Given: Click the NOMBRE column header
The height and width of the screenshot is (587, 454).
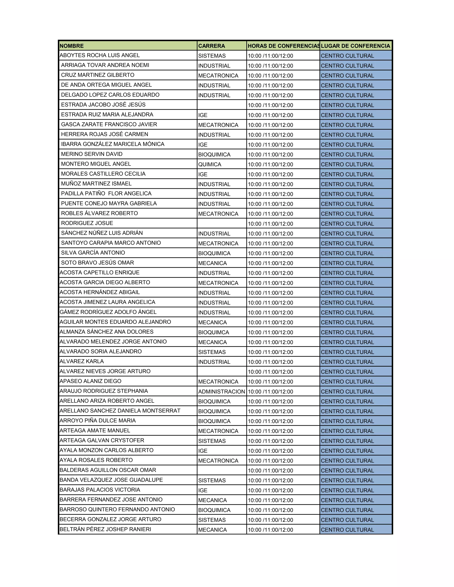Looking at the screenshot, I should pos(72,46).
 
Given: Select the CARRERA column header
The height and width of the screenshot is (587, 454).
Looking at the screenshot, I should pos(211,46).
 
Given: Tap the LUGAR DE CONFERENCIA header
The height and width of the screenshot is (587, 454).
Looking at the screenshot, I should pos(355,46).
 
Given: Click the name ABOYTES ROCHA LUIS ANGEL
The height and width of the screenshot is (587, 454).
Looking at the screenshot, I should pos(100,55).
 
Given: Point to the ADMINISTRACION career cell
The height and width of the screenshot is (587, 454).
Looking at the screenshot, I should pos(222,392).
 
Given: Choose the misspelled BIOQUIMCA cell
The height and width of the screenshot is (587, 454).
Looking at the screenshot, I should pos(213,332).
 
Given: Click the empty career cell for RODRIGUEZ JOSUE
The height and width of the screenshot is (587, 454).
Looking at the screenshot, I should pos(222,223).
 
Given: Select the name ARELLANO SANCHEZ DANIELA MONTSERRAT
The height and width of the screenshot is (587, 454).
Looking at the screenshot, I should pos(120,411).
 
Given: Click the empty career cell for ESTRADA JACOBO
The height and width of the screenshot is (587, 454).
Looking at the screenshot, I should pos(222,105).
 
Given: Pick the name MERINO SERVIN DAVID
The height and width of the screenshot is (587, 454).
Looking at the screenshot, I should pos(92,154).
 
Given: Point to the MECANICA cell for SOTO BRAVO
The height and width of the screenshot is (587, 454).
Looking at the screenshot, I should pos(212,263).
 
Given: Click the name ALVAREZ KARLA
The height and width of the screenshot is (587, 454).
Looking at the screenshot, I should pos(82,362).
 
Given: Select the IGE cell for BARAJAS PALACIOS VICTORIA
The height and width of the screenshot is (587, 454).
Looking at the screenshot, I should pos(203,490).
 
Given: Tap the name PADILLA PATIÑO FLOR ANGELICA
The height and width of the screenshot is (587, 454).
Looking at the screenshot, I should pos(106,194).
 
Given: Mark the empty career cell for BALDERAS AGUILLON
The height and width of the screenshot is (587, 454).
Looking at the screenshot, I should pos(222,470).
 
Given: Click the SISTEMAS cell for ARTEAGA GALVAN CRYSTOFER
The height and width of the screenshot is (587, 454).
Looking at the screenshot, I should pos(212,441).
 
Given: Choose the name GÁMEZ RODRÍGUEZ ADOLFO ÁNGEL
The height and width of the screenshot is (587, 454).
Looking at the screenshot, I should pos(108,312).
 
